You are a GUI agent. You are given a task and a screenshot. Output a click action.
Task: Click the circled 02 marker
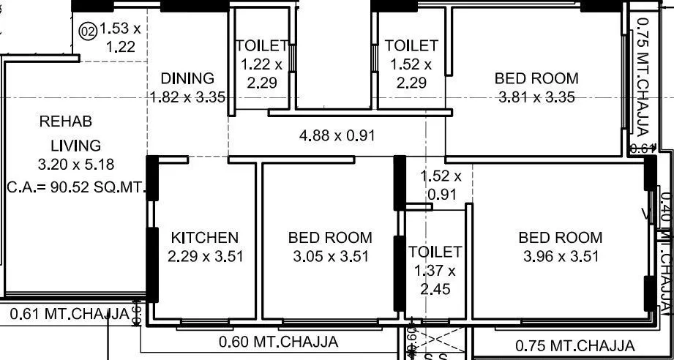click(88, 31)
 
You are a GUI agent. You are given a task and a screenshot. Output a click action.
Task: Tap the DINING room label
click(187, 78)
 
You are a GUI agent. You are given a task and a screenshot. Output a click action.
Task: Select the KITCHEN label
click(204, 238)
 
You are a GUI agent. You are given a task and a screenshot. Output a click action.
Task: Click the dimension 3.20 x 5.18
click(75, 164)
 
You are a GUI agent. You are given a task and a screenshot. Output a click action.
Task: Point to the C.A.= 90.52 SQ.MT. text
click(77, 187)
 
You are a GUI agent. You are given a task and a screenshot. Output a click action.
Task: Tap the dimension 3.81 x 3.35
click(536, 97)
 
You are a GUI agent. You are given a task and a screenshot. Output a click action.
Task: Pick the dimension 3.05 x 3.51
click(329, 256)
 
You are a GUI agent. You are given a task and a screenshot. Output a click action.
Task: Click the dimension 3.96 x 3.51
click(561, 256)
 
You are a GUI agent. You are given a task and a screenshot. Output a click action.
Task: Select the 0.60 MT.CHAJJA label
click(278, 342)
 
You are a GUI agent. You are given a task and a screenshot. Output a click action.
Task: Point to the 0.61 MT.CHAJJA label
click(70, 315)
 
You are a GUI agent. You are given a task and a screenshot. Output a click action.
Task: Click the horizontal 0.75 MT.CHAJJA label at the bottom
click(575, 346)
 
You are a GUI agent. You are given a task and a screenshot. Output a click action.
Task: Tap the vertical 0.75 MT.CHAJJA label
click(643, 78)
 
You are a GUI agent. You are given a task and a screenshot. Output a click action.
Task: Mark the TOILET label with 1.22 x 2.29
click(261, 45)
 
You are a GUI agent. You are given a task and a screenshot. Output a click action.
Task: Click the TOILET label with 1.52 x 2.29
click(411, 45)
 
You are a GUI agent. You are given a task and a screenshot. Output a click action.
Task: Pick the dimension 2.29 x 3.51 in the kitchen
click(204, 256)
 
